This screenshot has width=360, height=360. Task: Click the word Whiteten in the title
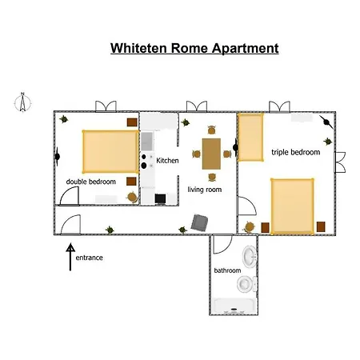tap(138, 48)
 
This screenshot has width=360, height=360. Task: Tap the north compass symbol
tap(22, 102)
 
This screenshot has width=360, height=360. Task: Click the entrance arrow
tap(70, 257)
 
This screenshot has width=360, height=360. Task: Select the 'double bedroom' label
tap(91, 182)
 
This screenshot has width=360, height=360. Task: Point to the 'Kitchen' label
tap(167, 161)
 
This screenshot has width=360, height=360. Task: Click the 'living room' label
tap(205, 190)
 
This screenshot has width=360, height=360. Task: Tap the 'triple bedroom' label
tap(296, 152)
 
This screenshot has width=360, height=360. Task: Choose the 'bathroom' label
tap(227, 270)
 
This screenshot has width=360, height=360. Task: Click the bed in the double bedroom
tap(110, 151)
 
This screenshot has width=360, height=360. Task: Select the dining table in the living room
tap(211, 154)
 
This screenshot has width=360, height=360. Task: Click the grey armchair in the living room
tap(199, 222)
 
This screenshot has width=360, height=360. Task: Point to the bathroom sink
tap(250, 257)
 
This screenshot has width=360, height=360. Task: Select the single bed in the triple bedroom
tap(250, 138)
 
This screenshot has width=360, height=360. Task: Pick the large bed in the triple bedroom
tap(292, 206)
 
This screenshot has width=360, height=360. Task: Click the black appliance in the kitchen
tap(160, 198)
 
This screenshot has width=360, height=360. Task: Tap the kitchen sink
tap(147, 141)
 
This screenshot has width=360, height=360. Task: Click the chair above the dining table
tap(211, 130)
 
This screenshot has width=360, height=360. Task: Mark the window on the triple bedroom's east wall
tap(340, 162)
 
